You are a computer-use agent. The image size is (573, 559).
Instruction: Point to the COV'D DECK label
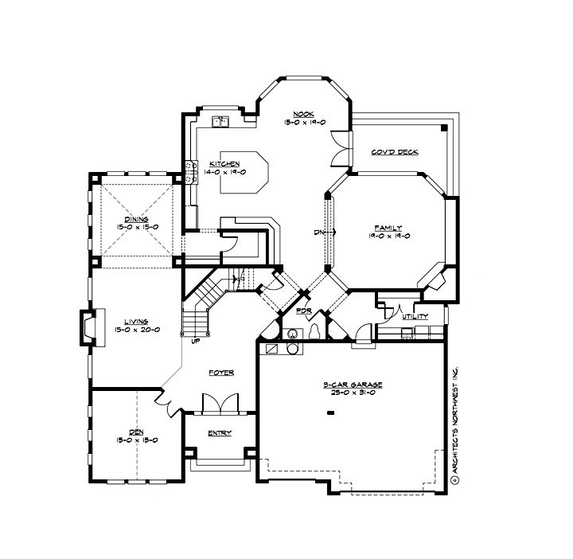[x=395, y=152]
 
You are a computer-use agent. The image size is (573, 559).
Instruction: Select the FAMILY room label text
[x=388, y=227]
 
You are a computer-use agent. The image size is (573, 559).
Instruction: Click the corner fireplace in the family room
[x=435, y=279]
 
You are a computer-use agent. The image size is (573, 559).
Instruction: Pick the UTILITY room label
[x=415, y=316]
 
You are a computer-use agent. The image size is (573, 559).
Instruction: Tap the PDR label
[x=303, y=311]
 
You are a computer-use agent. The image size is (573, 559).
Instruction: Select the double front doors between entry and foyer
[x=220, y=403]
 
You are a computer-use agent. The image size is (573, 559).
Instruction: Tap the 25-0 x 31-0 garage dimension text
[x=353, y=393]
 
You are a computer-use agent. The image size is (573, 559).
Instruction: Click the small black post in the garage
[x=329, y=412]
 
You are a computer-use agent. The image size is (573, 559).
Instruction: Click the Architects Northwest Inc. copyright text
[x=455, y=422]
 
